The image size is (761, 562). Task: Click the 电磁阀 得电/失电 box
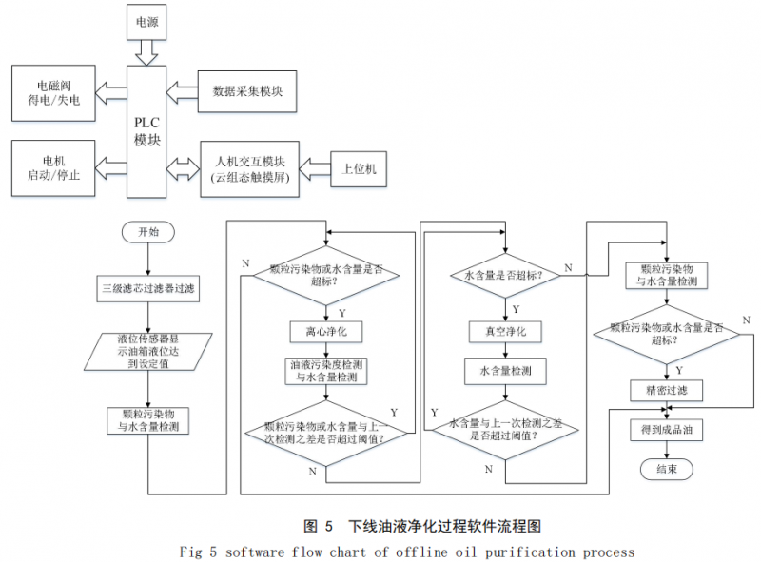click(53, 92)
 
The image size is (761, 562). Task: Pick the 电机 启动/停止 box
click(53, 167)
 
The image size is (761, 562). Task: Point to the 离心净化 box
click(326, 331)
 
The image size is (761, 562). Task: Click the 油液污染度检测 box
click(326, 371)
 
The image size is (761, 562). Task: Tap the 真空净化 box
click(504, 331)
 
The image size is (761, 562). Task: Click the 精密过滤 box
click(666, 390)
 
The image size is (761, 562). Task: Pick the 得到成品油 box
click(666, 431)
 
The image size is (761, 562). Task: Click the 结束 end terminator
click(666, 470)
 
